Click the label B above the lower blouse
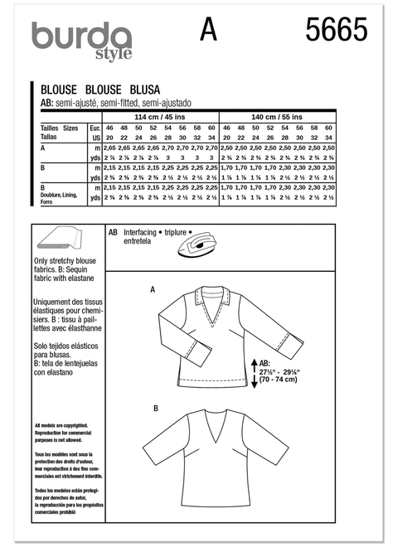(155, 409)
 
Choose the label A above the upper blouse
(152, 289)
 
